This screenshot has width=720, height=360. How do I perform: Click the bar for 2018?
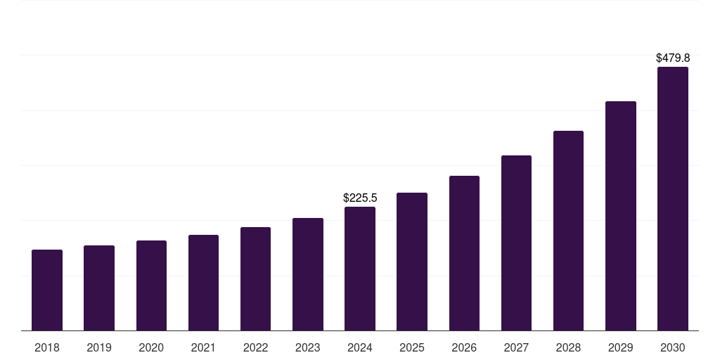click(47, 290)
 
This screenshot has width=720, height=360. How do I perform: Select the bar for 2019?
click(99, 288)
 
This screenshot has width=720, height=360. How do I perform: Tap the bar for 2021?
click(203, 283)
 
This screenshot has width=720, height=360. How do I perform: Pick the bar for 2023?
click(308, 274)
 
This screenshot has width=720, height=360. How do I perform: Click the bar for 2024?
click(360, 269)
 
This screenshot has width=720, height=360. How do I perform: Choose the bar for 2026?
click(464, 253)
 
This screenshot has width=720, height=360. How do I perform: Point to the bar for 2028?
click(568, 231)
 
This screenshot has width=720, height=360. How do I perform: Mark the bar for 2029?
click(621, 216)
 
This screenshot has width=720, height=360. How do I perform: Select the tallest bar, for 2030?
click(673, 198)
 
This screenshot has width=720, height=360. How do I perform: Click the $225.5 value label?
click(360, 198)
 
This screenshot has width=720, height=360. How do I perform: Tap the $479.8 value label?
click(673, 58)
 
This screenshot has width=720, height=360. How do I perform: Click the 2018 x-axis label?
click(47, 347)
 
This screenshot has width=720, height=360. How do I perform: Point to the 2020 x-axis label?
click(151, 347)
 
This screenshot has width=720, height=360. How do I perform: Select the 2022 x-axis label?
click(255, 347)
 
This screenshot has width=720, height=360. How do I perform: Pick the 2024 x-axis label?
click(360, 347)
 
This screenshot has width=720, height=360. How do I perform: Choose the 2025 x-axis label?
click(412, 347)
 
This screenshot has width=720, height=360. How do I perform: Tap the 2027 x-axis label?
click(516, 347)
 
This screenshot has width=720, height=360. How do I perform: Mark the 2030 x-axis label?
click(673, 347)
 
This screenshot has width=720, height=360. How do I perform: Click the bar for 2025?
click(412, 262)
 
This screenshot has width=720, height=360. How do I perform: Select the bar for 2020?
click(151, 285)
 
